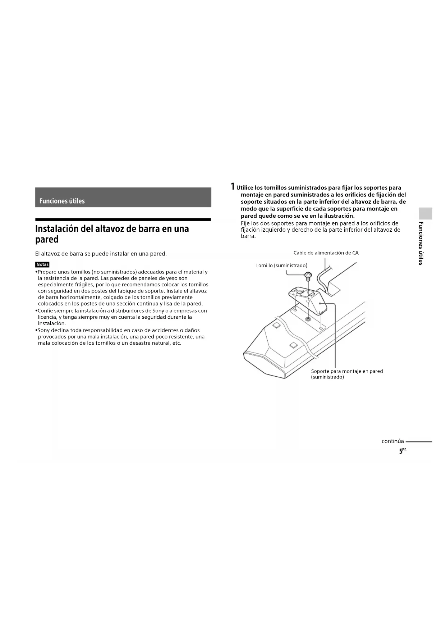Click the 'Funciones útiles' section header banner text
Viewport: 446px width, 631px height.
pos(62,201)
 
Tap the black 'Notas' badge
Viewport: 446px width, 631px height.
pos(42,264)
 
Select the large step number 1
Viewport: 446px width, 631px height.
pos(233,186)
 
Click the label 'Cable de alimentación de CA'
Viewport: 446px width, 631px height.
pos(326,253)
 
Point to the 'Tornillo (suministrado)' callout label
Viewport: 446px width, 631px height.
pos(281,265)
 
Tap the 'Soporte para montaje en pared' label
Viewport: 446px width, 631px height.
pos(347,371)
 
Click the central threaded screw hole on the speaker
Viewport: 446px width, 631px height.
pos(308,319)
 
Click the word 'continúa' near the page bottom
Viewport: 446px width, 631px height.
pos(392,441)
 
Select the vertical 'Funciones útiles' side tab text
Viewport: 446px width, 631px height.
pos(421,243)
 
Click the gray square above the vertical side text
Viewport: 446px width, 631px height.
pos(426,213)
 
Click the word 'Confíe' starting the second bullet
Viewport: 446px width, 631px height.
pos(45,311)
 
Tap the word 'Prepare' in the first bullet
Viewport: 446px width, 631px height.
pos(47,272)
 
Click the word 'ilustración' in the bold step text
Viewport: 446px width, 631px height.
pos(338,216)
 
